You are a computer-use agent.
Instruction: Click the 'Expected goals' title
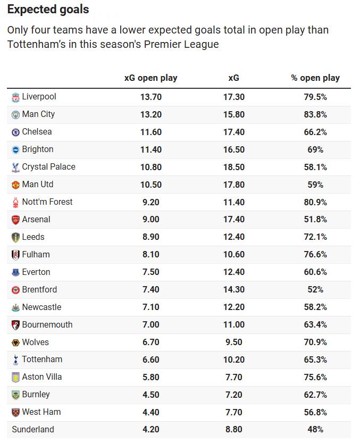[x=48, y=10]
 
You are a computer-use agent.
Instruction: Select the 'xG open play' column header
[x=150, y=78]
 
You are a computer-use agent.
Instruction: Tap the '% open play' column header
[x=315, y=78]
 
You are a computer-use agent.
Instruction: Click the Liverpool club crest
[x=15, y=97]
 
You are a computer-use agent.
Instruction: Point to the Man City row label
[x=38, y=114]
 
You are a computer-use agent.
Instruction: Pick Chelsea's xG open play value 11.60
[x=150, y=132]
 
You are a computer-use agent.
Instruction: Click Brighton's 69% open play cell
[x=315, y=149]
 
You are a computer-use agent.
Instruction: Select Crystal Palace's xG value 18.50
[x=234, y=167]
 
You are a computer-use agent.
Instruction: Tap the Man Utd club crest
[x=15, y=185]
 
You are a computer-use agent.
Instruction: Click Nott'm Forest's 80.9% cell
[x=315, y=202]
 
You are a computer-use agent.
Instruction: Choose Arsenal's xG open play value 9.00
[x=150, y=220]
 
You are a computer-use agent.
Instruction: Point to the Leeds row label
[x=33, y=237]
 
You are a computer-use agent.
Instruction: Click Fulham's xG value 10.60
[x=234, y=255]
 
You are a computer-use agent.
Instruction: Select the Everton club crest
[x=15, y=272]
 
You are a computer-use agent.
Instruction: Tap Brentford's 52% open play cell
[x=315, y=290]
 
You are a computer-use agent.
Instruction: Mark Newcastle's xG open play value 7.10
[x=150, y=307]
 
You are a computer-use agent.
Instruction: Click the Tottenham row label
[x=42, y=360]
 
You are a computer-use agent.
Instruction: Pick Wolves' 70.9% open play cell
[x=315, y=342]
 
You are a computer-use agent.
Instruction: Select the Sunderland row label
[x=33, y=430]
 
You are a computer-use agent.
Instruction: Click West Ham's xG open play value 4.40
[x=150, y=412]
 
